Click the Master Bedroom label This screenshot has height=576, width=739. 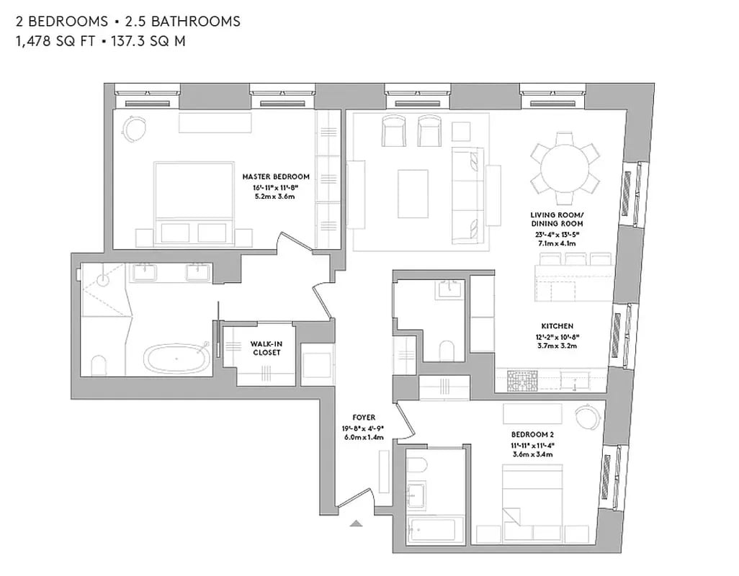pos(276,176)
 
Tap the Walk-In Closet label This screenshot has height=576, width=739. pos(266,348)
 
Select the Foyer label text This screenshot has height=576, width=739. pos(363,417)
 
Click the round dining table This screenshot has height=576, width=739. pos(565,171)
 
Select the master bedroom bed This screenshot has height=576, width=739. pos(193,201)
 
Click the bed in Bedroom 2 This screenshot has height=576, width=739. pos(532,498)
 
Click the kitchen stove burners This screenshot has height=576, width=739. pos(518,380)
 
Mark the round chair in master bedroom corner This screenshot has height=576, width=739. pos(134,129)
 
